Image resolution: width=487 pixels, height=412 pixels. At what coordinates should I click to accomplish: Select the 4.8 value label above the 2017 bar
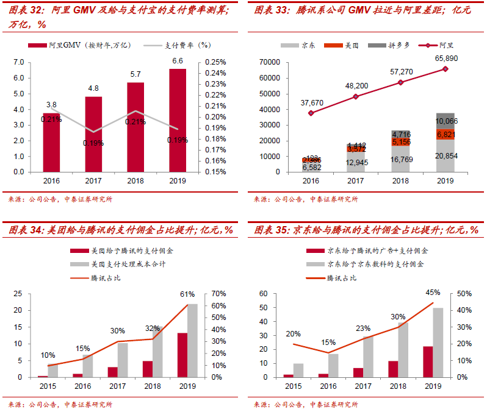93,88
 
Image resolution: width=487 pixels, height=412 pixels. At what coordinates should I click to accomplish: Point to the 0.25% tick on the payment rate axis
216,62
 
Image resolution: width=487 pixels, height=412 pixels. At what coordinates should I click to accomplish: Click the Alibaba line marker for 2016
311,113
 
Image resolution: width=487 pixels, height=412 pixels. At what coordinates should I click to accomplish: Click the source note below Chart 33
306,199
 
